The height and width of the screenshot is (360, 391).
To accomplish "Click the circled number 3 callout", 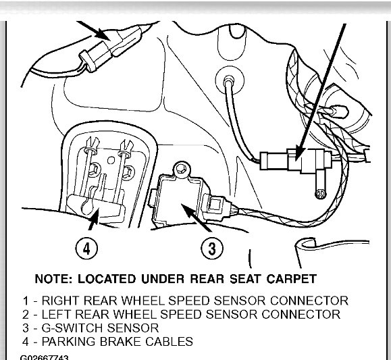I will [212, 249].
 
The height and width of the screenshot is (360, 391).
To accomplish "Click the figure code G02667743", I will [45, 357].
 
